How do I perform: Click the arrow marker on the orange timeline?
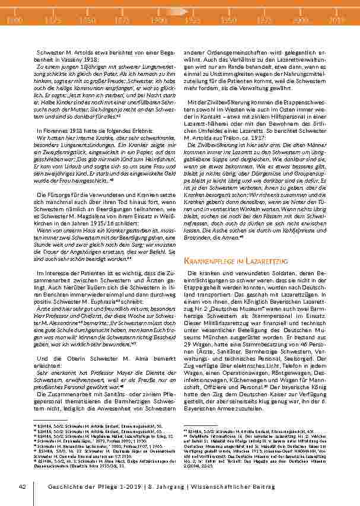tap(176, 11)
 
